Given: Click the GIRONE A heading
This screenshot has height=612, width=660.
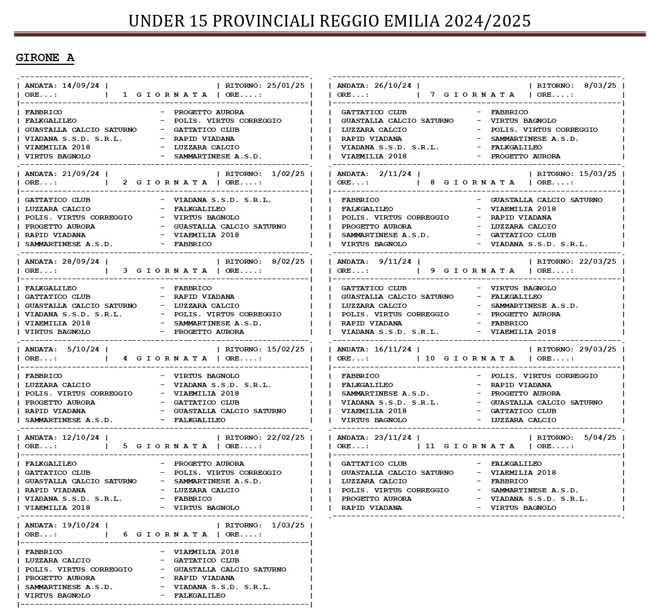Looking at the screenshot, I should point(45,58).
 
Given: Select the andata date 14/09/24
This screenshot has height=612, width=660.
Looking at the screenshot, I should point(81,86).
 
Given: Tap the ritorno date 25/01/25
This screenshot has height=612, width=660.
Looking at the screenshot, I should point(286,86).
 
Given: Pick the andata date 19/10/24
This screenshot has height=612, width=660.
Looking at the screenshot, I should point(81,525).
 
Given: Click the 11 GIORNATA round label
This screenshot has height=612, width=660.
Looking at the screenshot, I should point(470,446).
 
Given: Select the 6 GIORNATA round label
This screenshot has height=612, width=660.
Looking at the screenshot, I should point(165,534).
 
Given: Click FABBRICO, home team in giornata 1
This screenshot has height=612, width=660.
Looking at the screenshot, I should point(44,112).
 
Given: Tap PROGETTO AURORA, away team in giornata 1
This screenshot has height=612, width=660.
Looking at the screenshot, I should point(209,112).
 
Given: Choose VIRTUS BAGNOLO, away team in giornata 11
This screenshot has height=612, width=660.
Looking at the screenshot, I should point(523,508).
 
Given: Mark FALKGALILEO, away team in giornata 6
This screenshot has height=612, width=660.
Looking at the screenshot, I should point(199,596).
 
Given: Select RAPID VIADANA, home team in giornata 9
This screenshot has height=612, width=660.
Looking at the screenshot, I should point(372,323).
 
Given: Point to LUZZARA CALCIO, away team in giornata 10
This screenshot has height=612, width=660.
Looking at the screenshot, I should point(523,420).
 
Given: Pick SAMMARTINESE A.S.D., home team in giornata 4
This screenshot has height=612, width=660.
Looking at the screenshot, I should point(69,420).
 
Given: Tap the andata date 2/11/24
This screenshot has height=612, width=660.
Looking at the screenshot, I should point(395,174).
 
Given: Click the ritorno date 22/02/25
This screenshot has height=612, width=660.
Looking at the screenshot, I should point(286,438).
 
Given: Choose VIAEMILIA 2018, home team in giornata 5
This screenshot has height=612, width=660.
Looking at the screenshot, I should point(57,508).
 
